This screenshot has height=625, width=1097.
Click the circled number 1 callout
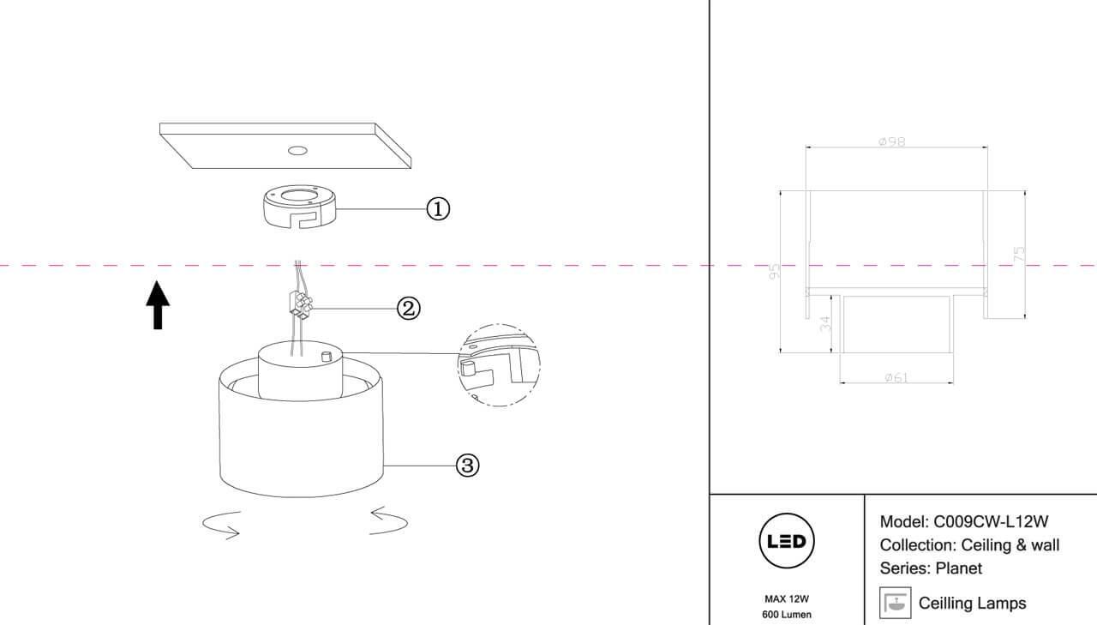pyautogui.click(x=438, y=208)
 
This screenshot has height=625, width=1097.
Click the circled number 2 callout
pyautogui.click(x=409, y=308)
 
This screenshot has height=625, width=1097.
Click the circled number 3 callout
pyautogui.click(x=467, y=465)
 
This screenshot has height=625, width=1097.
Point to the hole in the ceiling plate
pyautogui.click(x=297, y=152)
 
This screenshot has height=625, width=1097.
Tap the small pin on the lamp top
pyautogui.click(x=326, y=356)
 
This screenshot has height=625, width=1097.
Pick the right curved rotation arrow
pyautogui.click(x=388, y=520)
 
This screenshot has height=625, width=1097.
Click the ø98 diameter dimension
pyautogui.click(x=892, y=141)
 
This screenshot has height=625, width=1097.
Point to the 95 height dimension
pyautogui.click(x=775, y=272)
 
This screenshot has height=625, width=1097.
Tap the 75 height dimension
pyautogui.click(x=1019, y=254)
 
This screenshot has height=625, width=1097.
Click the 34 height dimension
pyautogui.click(x=824, y=323)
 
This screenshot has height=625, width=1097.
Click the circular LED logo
pyautogui.click(x=787, y=542)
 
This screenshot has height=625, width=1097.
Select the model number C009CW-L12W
pyautogui.click(x=991, y=521)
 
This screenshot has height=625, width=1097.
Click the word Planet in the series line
pyautogui.click(x=958, y=568)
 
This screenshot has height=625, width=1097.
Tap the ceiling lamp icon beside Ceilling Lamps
pyautogui.click(x=896, y=602)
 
